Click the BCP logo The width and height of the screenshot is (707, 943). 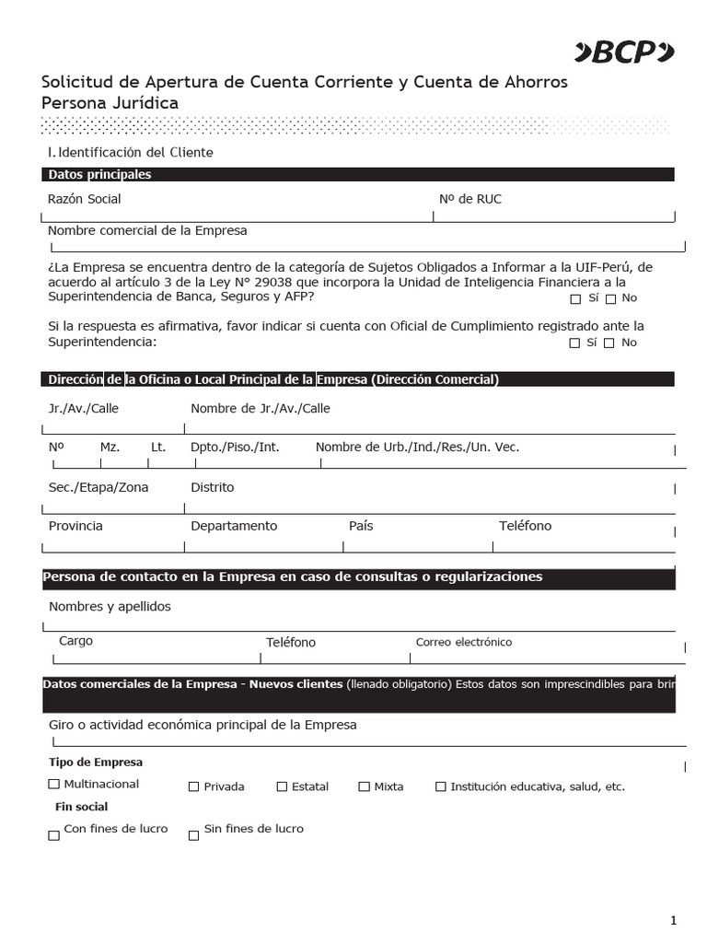tap(625, 53)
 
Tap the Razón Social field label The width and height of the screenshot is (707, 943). tap(84, 199)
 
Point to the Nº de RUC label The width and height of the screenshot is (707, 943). tap(470, 199)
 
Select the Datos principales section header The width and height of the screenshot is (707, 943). tap(99, 174)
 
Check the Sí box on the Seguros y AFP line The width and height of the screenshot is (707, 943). tap(575, 299)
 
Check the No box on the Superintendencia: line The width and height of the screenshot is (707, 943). tap(610, 343)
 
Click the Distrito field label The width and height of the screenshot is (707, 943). tap(212, 487)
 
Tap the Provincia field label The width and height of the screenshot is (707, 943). tap(75, 526)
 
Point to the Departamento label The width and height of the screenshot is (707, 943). tap(234, 526)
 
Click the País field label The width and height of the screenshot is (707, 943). tap(361, 526)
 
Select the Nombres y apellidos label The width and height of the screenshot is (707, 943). tap(110, 606)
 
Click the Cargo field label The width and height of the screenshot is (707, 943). tap(75, 641)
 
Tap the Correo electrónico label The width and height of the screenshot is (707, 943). tap(464, 642)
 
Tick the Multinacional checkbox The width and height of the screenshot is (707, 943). tap(53, 785)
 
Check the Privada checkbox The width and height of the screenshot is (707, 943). tap(193, 787)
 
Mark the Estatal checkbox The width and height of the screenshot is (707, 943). tap(282, 787)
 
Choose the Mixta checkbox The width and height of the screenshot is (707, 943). tap(365, 787)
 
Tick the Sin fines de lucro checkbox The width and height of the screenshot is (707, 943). tap(193, 836)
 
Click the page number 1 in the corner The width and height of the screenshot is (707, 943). tap(673, 920)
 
